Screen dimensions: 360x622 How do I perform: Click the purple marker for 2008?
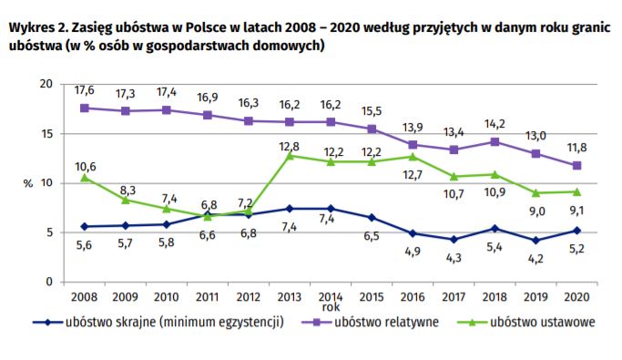pyautogui.click(x=85, y=108)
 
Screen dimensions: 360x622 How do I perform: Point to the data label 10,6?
pyautogui.click(x=85, y=165)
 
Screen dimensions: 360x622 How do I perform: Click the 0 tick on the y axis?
pyautogui.click(x=49, y=283)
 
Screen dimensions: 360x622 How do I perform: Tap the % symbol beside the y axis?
pyautogui.click(x=27, y=183)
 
